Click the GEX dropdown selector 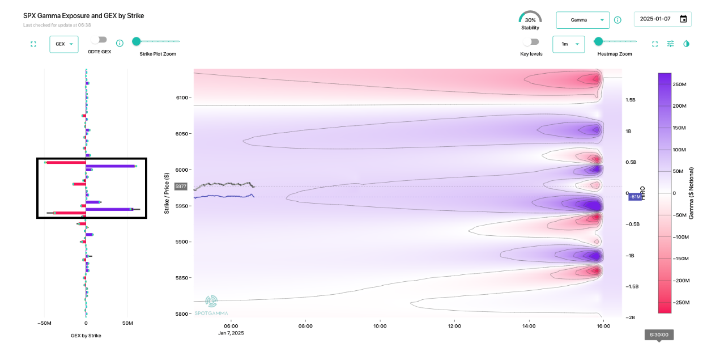point(63,44)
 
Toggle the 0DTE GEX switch point(99,40)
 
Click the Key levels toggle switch point(531,42)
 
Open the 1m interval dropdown point(568,44)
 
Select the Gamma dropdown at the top point(582,20)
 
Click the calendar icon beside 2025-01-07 point(683,19)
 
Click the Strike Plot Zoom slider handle point(136,41)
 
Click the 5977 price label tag point(181,187)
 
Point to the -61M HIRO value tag point(635,197)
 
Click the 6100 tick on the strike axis point(182,98)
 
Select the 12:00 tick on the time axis point(454,326)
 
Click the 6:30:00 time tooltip point(659,334)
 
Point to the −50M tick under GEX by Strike point(44,323)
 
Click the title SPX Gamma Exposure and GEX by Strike point(83,16)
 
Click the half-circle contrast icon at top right point(687,44)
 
